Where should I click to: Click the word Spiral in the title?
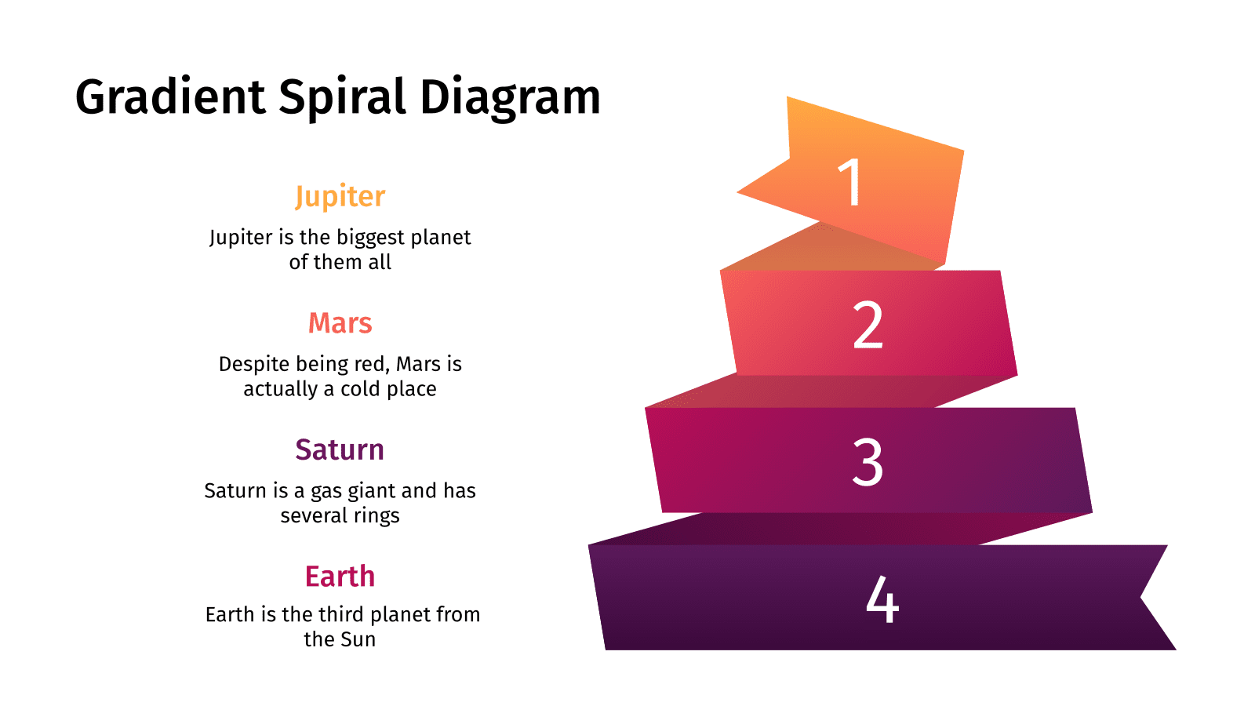[x=342, y=98]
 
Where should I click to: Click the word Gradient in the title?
[x=170, y=98]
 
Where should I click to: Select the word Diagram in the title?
[x=510, y=98]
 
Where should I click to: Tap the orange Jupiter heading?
[x=340, y=196]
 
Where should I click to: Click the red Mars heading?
[x=340, y=323]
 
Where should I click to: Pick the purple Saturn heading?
[x=340, y=450]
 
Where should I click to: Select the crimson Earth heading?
[x=340, y=577]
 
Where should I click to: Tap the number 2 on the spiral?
[x=868, y=325]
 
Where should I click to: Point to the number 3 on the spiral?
[x=868, y=462]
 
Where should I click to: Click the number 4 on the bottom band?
[x=882, y=600]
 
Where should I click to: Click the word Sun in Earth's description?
[x=358, y=640]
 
